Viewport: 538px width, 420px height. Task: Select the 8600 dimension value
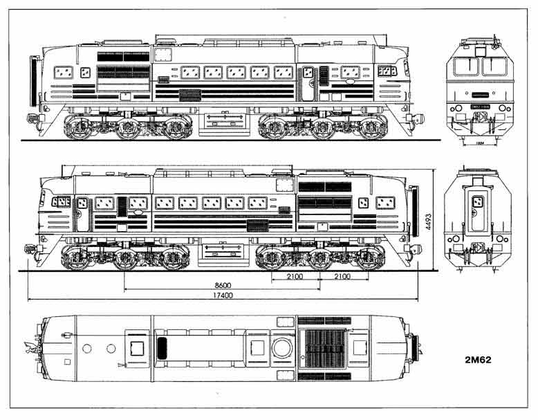coord(222,284)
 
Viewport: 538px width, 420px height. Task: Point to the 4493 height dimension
coord(429,221)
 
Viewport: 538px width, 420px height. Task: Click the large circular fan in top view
coord(282,347)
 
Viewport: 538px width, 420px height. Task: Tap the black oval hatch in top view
coord(163,347)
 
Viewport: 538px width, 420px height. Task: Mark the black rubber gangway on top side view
coord(32,80)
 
